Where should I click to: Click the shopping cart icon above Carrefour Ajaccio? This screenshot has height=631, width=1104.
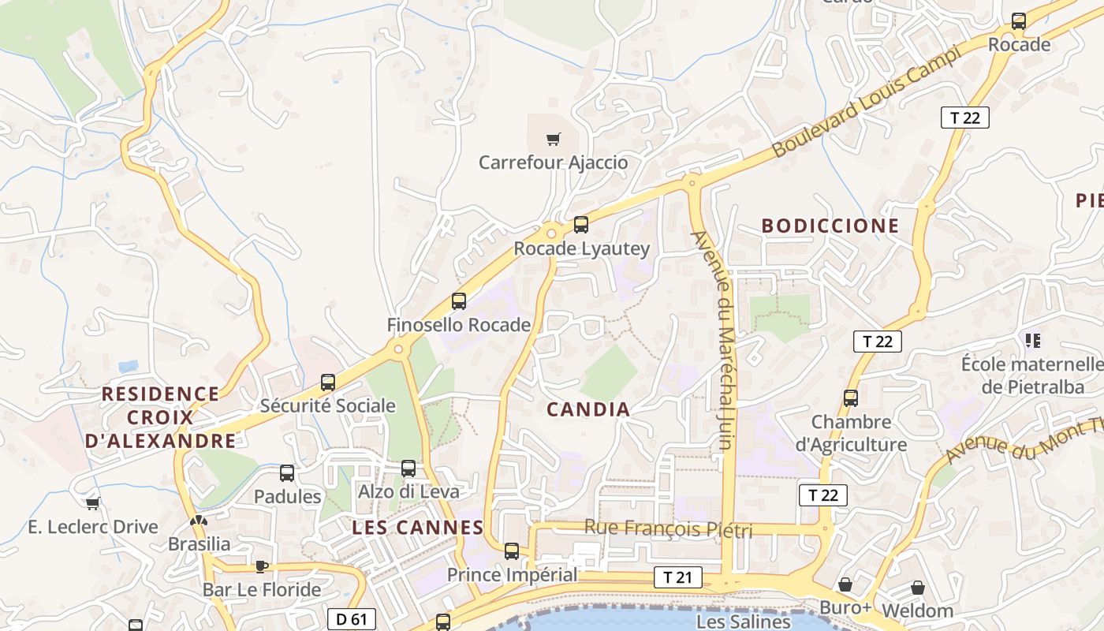[x=554, y=140]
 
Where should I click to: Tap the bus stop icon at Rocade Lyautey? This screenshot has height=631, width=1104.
[x=581, y=225]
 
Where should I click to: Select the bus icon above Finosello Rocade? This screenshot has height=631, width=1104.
[x=459, y=301]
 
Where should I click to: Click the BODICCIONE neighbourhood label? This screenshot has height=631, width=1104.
[x=830, y=226]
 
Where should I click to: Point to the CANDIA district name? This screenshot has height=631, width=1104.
[x=588, y=409]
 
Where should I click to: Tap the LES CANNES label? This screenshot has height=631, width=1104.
[x=417, y=528]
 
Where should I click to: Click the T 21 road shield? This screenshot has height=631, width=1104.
[x=677, y=577]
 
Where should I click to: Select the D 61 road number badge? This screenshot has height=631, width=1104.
[x=351, y=619]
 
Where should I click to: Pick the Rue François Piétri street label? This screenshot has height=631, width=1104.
[x=668, y=528]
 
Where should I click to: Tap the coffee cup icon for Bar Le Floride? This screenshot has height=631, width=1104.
[x=262, y=566]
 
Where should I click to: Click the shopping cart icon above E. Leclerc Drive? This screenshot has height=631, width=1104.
[x=92, y=503]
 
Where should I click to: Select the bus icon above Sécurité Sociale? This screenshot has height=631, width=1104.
[x=328, y=383]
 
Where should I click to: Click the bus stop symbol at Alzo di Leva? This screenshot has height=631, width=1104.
[x=408, y=469]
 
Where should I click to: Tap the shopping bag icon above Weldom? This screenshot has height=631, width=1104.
[x=917, y=588]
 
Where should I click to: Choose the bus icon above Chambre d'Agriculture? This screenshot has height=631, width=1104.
[x=851, y=398]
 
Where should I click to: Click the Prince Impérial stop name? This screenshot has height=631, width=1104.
[x=512, y=575]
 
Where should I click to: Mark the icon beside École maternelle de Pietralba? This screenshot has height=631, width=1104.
[x=1032, y=341]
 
